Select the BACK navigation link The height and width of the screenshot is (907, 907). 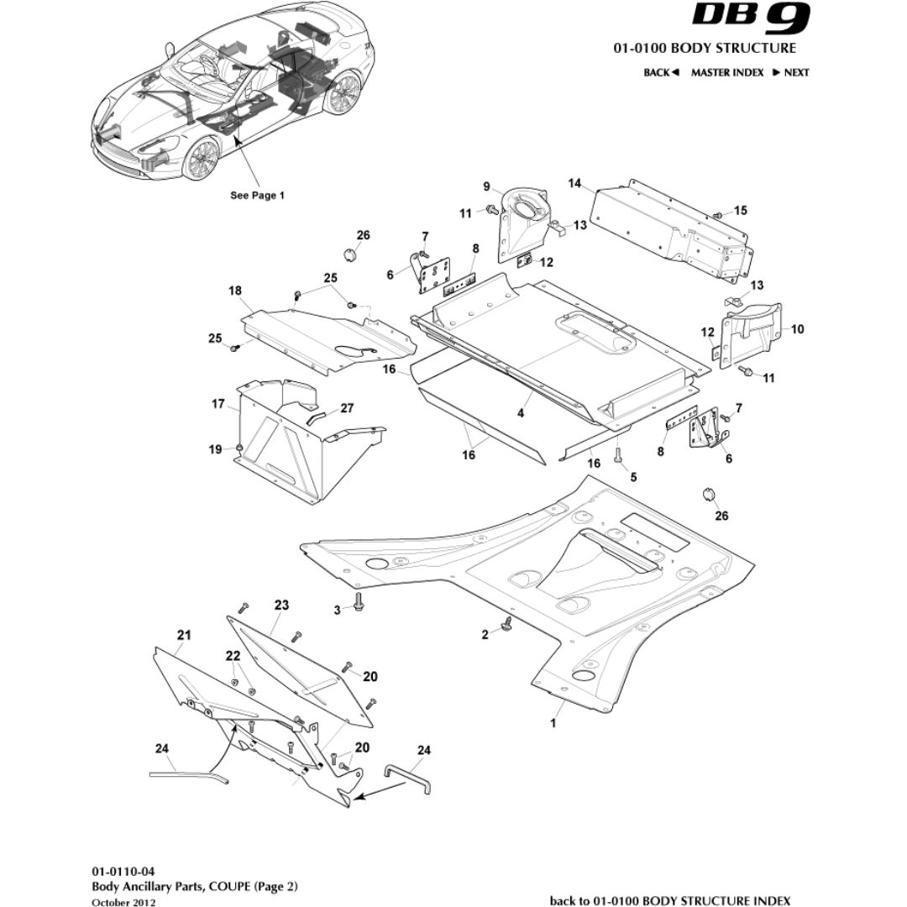pyautogui.click(x=661, y=72)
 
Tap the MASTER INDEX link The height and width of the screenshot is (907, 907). pyautogui.click(x=727, y=72)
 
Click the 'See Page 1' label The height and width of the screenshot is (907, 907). pyautogui.click(x=258, y=195)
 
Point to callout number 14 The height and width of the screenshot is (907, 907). pyautogui.click(x=574, y=183)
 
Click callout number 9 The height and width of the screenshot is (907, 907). pyautogui.click(x=485, y=186)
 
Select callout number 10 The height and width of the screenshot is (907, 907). pyautogui.click(x=797, y=329)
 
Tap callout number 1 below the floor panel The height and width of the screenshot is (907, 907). pyautogui.click(x=553, y=722)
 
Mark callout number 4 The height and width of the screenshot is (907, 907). pyautogui.click(x=521, y=413)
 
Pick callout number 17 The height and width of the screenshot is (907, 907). pyautogui.click(x=218, y=405)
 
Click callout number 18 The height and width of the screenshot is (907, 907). pyautogui.click(x=234, y=291)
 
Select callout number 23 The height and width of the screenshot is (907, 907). pyautogui.click(x=280, y=605)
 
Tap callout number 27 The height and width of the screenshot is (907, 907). pyautogui.click(x=347, y=408)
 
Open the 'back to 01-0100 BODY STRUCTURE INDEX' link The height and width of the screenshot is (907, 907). pyautogui.click(x=669, y=900)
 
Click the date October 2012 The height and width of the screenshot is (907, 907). pyautogui.click(x=123, y=902)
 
